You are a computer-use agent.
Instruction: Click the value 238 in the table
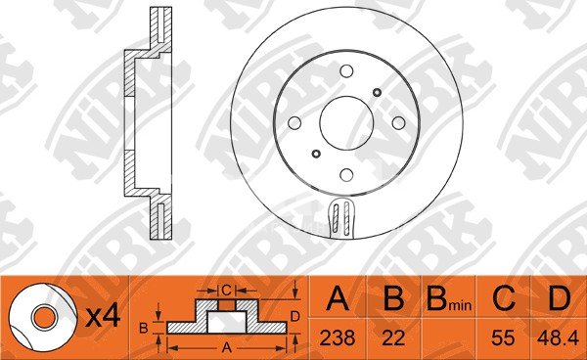pos(338,338)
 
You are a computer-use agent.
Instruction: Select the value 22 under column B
pos(393,338)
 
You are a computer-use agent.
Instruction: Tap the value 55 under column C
pos(503,338)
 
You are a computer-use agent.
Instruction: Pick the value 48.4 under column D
pos(558,338)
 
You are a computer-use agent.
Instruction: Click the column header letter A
pos(338,298)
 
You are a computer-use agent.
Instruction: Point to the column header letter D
pos(559,298)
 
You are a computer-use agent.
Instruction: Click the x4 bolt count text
pos(103,317)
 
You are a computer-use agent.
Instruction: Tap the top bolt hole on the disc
pos(346,71)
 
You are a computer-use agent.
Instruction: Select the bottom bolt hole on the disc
pos(346,174)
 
